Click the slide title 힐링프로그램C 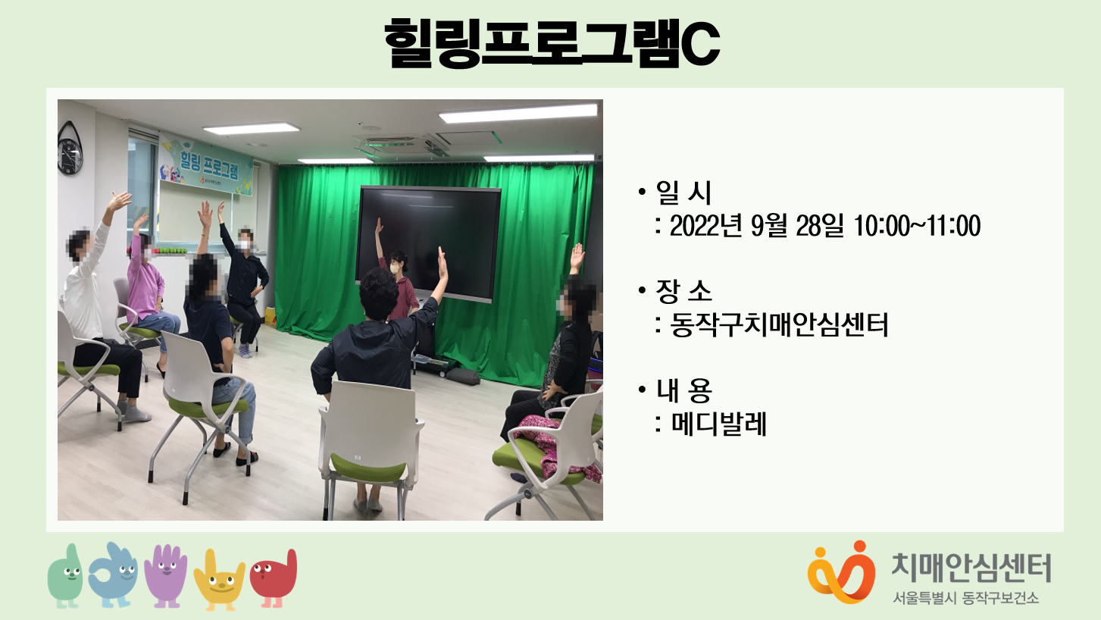click(x=552, y=43)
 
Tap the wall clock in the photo click(x=70, y=149)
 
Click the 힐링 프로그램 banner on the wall click(x=206, y=164)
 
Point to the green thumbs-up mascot click(x=67, y=576)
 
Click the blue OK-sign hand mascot click(x=114, y=575)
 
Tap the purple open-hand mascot click(x=167, y=576)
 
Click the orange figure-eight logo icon click(x=842, y=573)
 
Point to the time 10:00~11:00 click(x=917, y=226)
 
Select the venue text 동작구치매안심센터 click(x=779, y=324)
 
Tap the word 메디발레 click(x=718, y=424)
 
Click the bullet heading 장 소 click(x=683, y=291)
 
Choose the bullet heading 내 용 click(x=683, y=390)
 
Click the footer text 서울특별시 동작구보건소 click(x=966, y=598)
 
